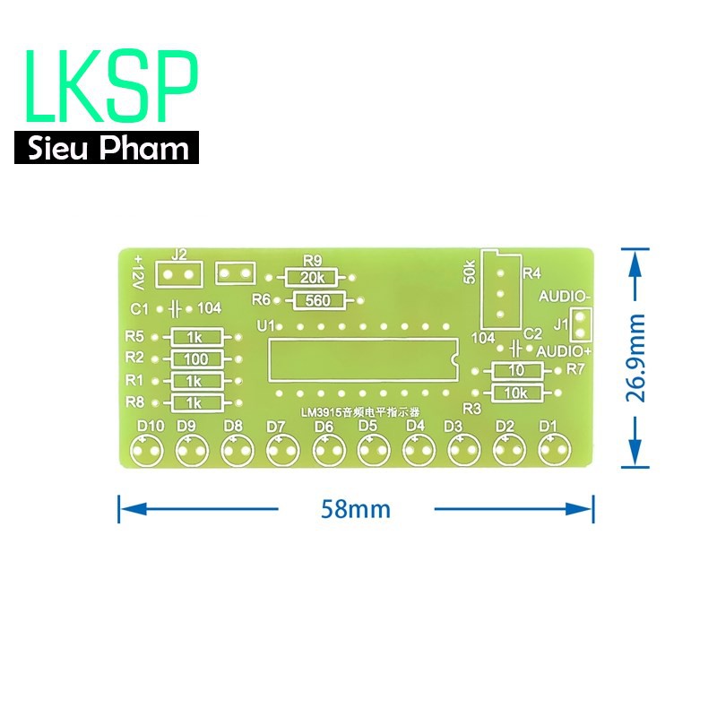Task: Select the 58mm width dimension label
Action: point(356,509)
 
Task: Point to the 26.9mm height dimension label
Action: point(637,358)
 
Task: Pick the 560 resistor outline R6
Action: point(316,300)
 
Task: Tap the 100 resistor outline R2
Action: point(196,358)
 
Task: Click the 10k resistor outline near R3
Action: point(515,393)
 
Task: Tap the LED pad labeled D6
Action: point(328,452)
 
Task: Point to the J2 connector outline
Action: point(178,273)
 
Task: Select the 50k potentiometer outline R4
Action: point(499,290)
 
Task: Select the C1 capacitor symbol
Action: point(175,308)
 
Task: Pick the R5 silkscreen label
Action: point(135,337)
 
